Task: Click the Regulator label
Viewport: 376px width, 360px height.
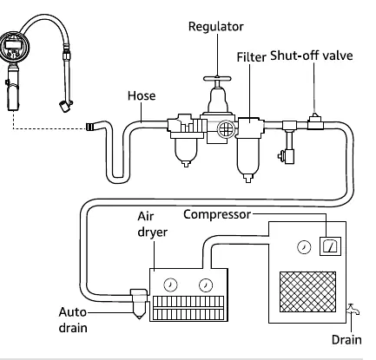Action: [x=216, y=27]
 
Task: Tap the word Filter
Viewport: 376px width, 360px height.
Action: [x=251, y=57]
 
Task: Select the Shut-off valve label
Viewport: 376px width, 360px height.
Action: [x=312, y=56]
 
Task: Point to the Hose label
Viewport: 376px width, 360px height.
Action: [x=142, y=95]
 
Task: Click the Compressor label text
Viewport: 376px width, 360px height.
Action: [x=217, y=214]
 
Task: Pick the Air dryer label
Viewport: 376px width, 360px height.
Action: [x=152, y=225]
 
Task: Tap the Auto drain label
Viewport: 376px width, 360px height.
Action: [x=73, y=320]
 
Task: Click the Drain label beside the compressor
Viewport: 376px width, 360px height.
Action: [x=346, y=340]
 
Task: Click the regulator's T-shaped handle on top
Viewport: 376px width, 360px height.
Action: [x=217, y=79]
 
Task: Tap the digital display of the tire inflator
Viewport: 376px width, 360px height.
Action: [x=13, y=45]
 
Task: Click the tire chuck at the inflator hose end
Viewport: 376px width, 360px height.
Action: [x=66, y=106]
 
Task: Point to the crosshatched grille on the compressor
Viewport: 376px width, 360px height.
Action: [x=307, y=291]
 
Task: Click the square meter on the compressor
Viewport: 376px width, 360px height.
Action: [x=330, y=246]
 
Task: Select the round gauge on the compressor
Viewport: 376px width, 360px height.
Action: [x=304, y=247]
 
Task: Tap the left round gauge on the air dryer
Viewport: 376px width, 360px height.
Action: [x=170, y=285]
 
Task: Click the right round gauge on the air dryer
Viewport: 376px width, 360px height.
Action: [x=206, y=285]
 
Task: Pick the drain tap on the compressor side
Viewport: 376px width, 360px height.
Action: [x=353, y=310]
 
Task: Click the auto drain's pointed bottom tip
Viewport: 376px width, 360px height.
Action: [x=139, y=318]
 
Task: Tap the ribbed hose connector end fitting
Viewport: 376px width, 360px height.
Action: [x=90, y=127]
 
